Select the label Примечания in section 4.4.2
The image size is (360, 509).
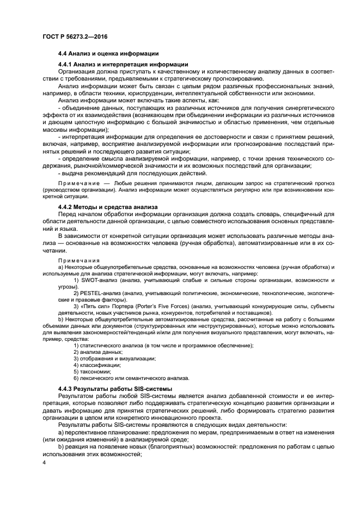pos(78,260)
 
